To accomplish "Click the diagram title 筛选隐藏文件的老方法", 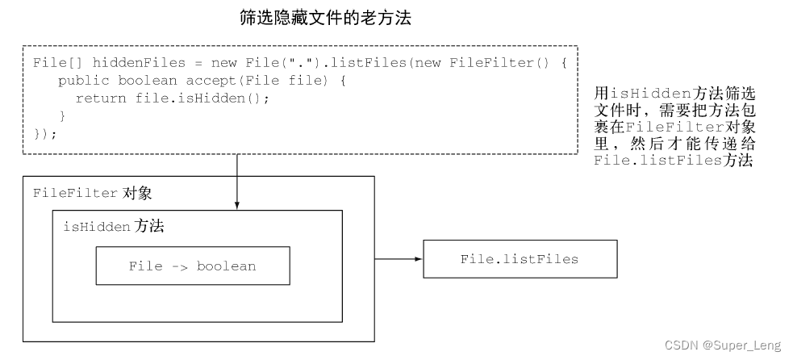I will pyautogui.click(x=326, y=18).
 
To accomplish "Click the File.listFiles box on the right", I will pyautogui.click(x=520, y=259).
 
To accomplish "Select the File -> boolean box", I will pyautogui.click(x=192, y=266).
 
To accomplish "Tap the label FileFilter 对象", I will pyautogui.click(x=92, y=194).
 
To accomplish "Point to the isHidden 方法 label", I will pyautogui.click(x=113, y=227).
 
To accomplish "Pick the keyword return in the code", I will pyautogui.click(x=100, y=98).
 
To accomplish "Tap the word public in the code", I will pyautogui.click(x=83, y=80).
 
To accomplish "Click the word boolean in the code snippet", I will pyautogui.click(x=147, y=80).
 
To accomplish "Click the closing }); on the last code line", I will pyautogui.click(x=46, y=133).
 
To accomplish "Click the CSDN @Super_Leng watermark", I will pyautogui.click(x=723, y=345).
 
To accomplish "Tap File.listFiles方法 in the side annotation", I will pyautogui.click(x=673, y=161).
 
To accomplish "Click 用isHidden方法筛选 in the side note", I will pyautogui.click(x=674, y=94).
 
